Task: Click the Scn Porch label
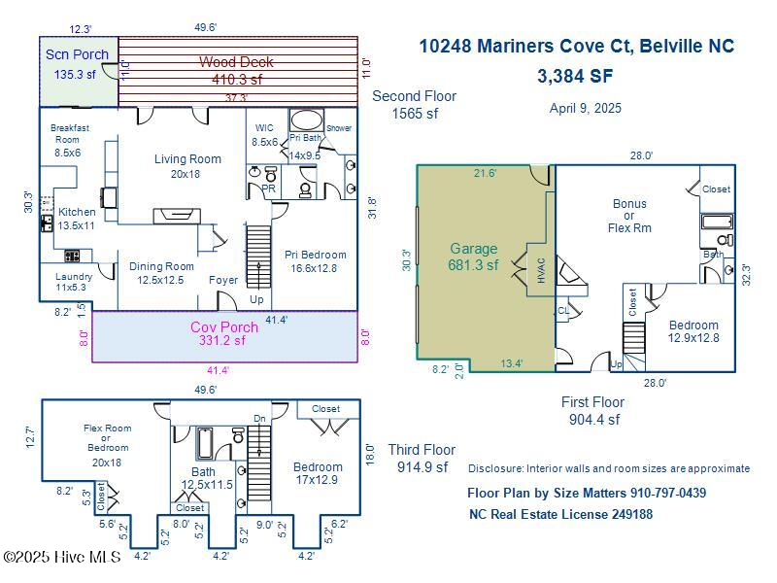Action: point(77,54)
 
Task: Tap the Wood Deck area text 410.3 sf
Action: point(237,80)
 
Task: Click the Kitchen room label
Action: point(77,212)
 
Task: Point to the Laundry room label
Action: point(74,277)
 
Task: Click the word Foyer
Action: point(223,280)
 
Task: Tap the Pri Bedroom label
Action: point(315,255)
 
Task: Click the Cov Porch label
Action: point(223,327)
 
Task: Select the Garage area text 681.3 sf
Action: point(473,264)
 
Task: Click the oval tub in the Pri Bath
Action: point(307,121)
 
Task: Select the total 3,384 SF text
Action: point(576,76)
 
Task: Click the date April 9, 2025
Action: point(585,108)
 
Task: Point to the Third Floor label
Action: point(422,450)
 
